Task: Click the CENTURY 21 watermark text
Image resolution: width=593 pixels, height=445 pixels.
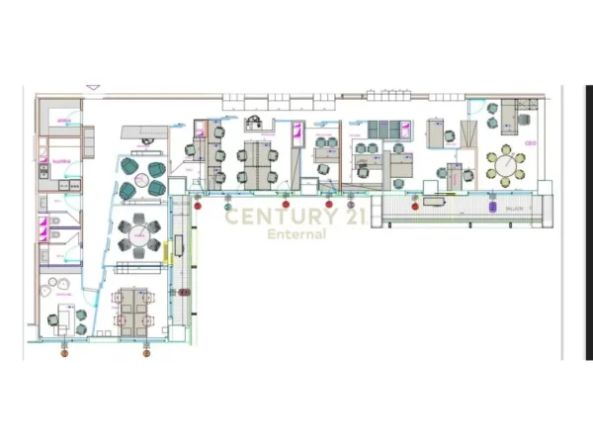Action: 296,217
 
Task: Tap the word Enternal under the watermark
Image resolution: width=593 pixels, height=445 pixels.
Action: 296,234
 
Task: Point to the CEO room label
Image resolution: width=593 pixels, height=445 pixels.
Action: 530,142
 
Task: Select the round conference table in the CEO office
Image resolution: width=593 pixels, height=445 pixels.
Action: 507,165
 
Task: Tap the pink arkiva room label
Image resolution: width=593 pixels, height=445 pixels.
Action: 63,122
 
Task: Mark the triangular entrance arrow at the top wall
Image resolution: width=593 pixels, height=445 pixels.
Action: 93,88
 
